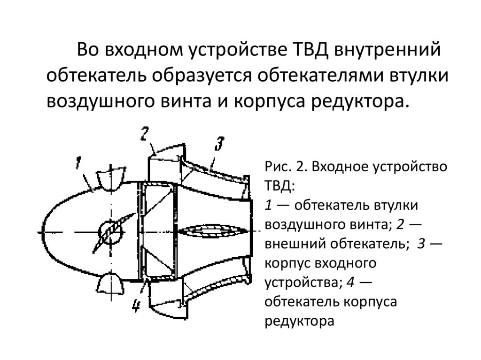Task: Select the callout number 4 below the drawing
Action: [x=136, y=305]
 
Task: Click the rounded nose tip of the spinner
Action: [x=41, y=231]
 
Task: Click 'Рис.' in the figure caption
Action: [x=279, y=167]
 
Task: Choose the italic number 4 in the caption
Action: [x=350, y=282]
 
